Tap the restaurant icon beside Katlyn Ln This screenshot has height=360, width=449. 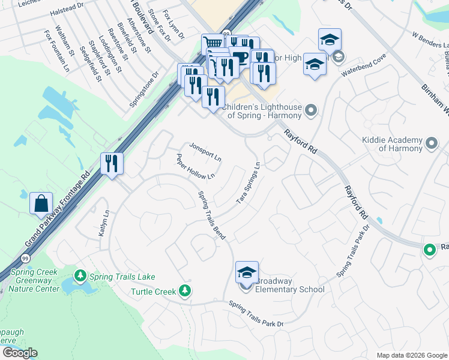[x=112, y=163]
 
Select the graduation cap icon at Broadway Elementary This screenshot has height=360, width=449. [x=247, y=272]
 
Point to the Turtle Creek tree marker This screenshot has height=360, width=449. [x=185, y=291]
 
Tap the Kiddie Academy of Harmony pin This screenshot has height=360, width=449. [x=432, y=143]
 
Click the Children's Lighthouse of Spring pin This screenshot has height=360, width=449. [x=310, y=110]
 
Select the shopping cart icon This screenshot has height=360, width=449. [x=212, y=44]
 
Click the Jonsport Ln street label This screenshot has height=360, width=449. [x=205, y=153]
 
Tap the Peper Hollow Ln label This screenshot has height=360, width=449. [x=195, y=167]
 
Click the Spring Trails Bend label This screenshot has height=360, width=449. [x=211, y=215]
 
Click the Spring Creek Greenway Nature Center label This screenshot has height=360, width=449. [x=34, y=280]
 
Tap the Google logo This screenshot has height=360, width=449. [x=20, y=353]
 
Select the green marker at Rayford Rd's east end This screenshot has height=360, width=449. [x=429, y=250]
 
